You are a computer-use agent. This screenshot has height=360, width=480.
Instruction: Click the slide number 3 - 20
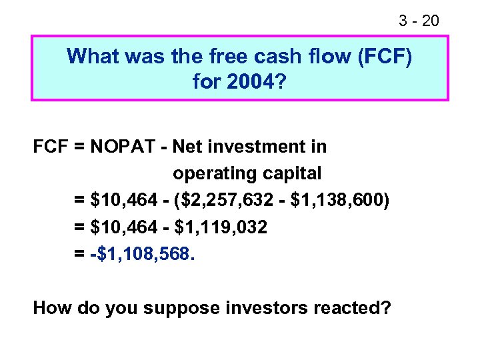[x=419, y=21]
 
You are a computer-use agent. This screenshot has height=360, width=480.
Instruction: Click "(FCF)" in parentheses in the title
[x=385, y=56]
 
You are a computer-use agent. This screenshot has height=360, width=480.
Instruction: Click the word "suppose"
[x=178, y=309]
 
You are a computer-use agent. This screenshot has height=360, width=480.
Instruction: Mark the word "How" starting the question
[x=51, y=308]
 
